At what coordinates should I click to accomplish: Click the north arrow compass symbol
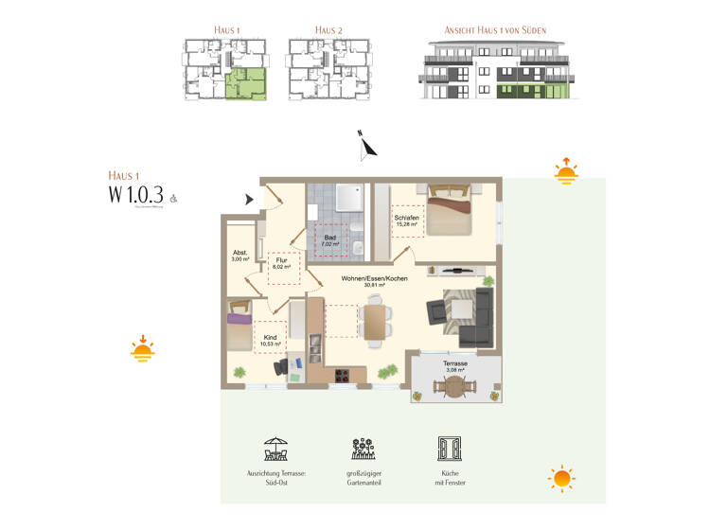367,146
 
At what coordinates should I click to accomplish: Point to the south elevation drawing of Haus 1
495,71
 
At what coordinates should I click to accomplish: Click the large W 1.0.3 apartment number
136,196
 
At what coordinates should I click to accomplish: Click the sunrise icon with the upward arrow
566,170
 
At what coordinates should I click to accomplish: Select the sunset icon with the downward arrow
143,349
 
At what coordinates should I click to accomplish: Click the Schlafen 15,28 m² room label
406,221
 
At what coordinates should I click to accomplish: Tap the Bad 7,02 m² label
330,241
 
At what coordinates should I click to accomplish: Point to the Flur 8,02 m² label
282,263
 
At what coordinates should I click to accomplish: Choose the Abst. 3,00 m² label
239,256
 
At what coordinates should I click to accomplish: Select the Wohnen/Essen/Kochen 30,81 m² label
375,281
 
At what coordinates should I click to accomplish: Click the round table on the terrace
455,386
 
